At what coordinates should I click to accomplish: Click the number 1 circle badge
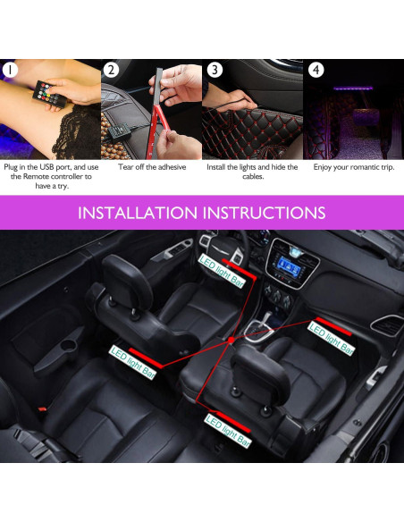click(10, 69)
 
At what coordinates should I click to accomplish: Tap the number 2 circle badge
click(111, 69)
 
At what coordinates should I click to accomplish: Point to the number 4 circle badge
click(316, 69)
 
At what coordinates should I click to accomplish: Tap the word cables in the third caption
click(253, 177)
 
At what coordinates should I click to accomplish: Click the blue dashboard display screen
click(288, 265)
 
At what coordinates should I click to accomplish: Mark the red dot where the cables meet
click(231, 340)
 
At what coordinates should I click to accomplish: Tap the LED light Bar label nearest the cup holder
click(131, 358)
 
